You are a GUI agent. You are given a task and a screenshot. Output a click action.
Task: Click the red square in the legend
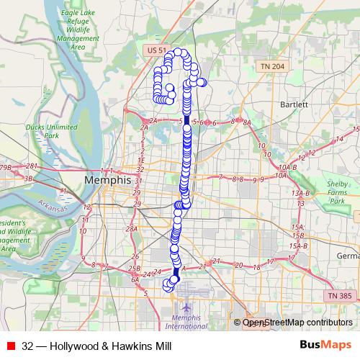[10, 346]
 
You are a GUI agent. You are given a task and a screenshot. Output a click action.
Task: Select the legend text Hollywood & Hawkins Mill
[96, 346]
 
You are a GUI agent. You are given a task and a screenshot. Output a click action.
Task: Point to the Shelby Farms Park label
[337, 192]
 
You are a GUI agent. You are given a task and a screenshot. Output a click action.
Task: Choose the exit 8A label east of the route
[246, 123]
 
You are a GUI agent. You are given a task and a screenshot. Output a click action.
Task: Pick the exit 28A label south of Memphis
[132, 229]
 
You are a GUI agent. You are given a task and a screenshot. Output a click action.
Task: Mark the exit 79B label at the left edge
[6, 168]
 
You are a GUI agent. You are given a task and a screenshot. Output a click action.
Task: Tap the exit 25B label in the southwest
[134, 269]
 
